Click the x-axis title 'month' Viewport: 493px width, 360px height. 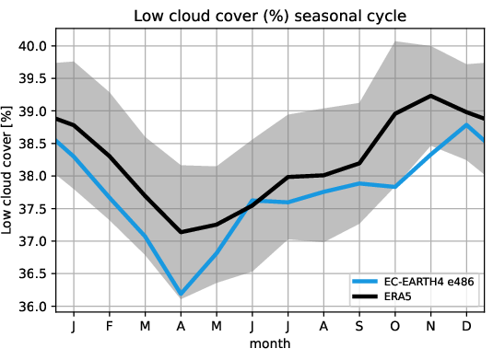270,343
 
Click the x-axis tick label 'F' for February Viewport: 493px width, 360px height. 109,327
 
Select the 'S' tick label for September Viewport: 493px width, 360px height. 358,327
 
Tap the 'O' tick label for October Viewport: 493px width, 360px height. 394,327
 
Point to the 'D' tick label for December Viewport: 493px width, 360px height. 466,327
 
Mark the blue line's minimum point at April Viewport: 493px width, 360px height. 181,295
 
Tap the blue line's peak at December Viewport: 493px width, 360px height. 466,125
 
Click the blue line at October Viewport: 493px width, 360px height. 394,187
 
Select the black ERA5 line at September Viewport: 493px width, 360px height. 358,163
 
